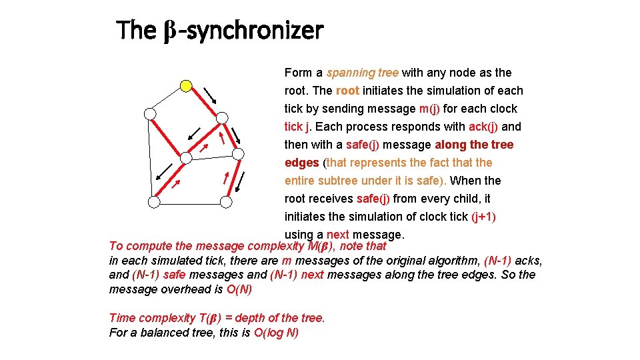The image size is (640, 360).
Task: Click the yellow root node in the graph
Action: point(187,85)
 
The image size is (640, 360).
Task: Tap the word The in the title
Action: point(136,31)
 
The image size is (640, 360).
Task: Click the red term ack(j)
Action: point(484,127)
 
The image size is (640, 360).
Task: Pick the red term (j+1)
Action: point(483,217)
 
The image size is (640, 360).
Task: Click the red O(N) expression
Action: point(239,289)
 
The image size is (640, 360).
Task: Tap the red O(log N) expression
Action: point(276,333)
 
